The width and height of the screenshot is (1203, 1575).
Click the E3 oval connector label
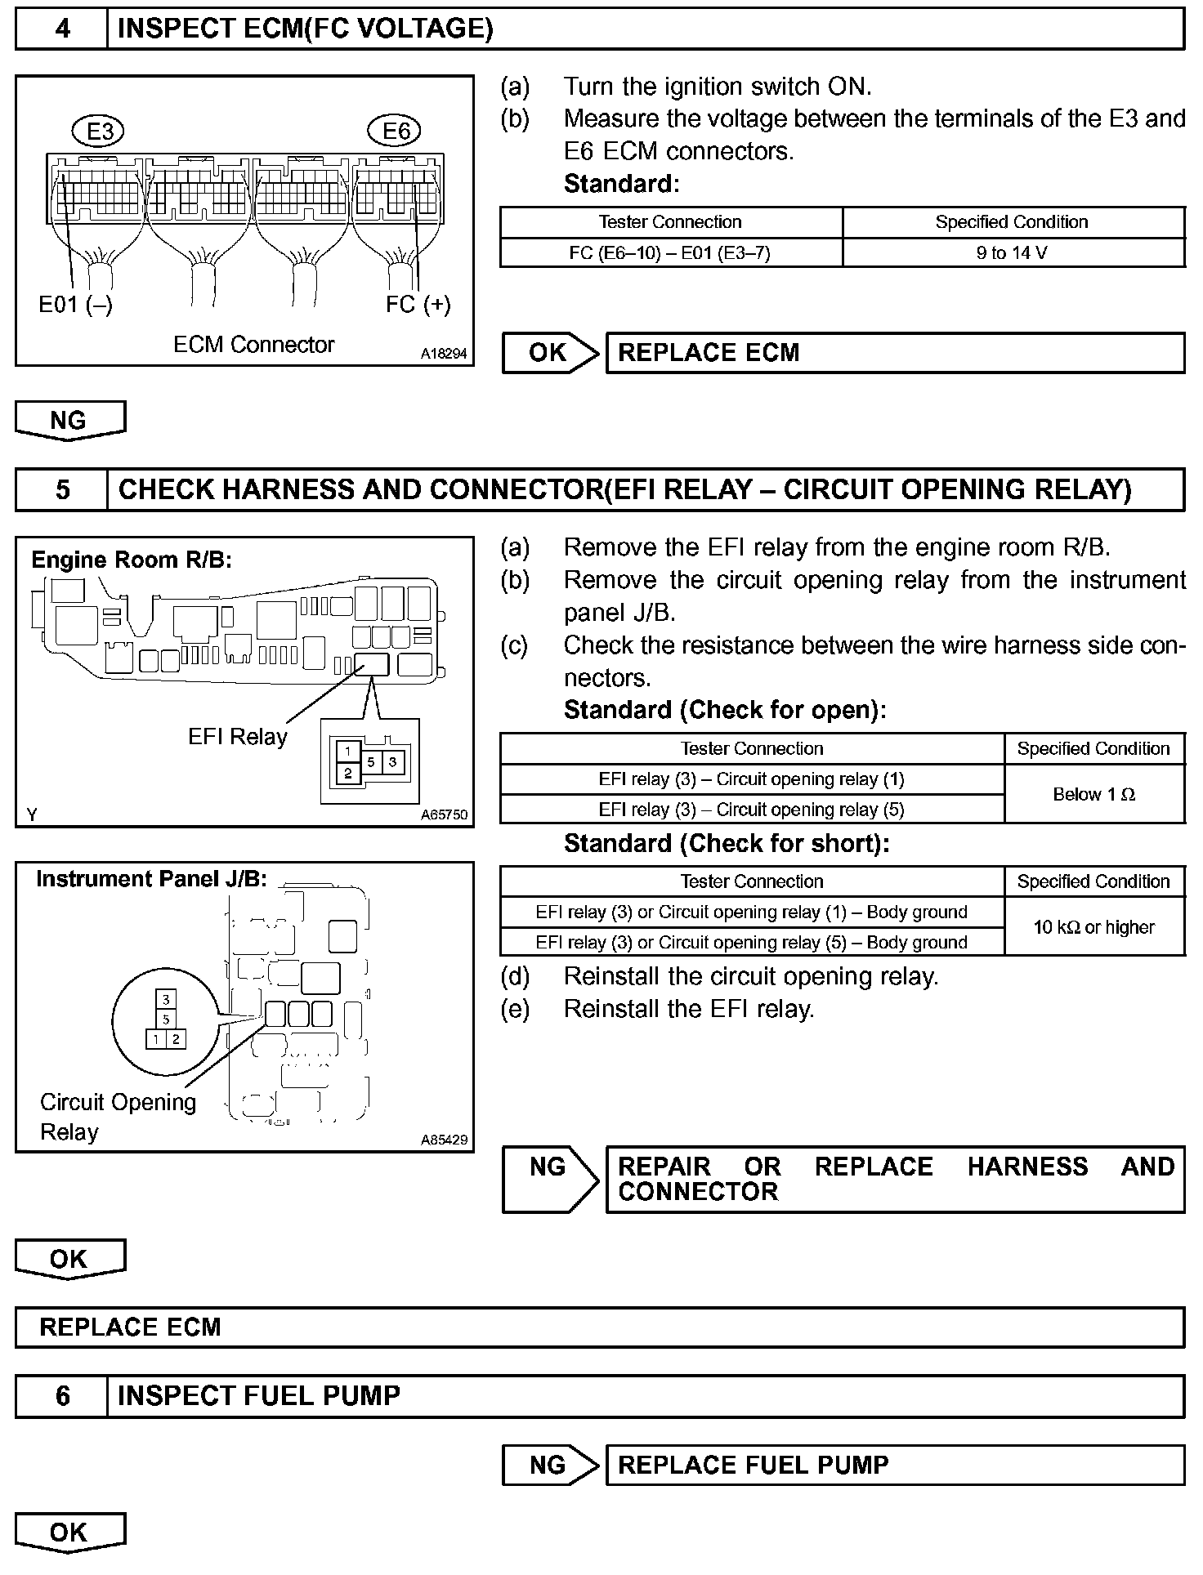(x=100, y=131)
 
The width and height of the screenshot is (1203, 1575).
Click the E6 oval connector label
(x=396, y=131)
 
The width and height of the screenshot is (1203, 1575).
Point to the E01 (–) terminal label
(x=75, y=305)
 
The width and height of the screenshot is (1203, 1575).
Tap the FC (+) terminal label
(x=418, y=305)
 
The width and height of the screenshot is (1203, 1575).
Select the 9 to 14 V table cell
(x=1012, y=252)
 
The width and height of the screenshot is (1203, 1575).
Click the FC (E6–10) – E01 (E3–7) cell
(x=670, y=252)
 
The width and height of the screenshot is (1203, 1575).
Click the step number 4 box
(x=62, y=29)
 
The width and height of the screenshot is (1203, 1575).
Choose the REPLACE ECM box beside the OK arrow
(x=894, y=353)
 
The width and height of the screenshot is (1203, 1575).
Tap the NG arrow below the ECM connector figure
(x=69, y=420)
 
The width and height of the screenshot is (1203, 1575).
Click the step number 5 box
(x=62, y=489)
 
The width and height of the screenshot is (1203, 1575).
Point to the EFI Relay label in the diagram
(x=237, y=737)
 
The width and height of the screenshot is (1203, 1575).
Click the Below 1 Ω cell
(x=1093, y=794)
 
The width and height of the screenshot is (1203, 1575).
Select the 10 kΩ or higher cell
(x=1093, y=927)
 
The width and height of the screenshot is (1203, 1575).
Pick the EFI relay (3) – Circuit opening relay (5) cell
(x=751, y=810)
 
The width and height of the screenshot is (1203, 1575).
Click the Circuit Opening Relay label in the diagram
(x=118, y=1117)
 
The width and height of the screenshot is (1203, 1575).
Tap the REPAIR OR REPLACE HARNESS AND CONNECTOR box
(x=894, y=1179)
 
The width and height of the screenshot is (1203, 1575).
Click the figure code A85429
(x=444, y=1140)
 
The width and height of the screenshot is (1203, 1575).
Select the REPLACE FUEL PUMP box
(x=894, y=1465)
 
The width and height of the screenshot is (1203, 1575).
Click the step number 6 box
(x=62, y=1395)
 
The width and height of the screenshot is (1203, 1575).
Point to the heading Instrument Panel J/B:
(x=151, y=879)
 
